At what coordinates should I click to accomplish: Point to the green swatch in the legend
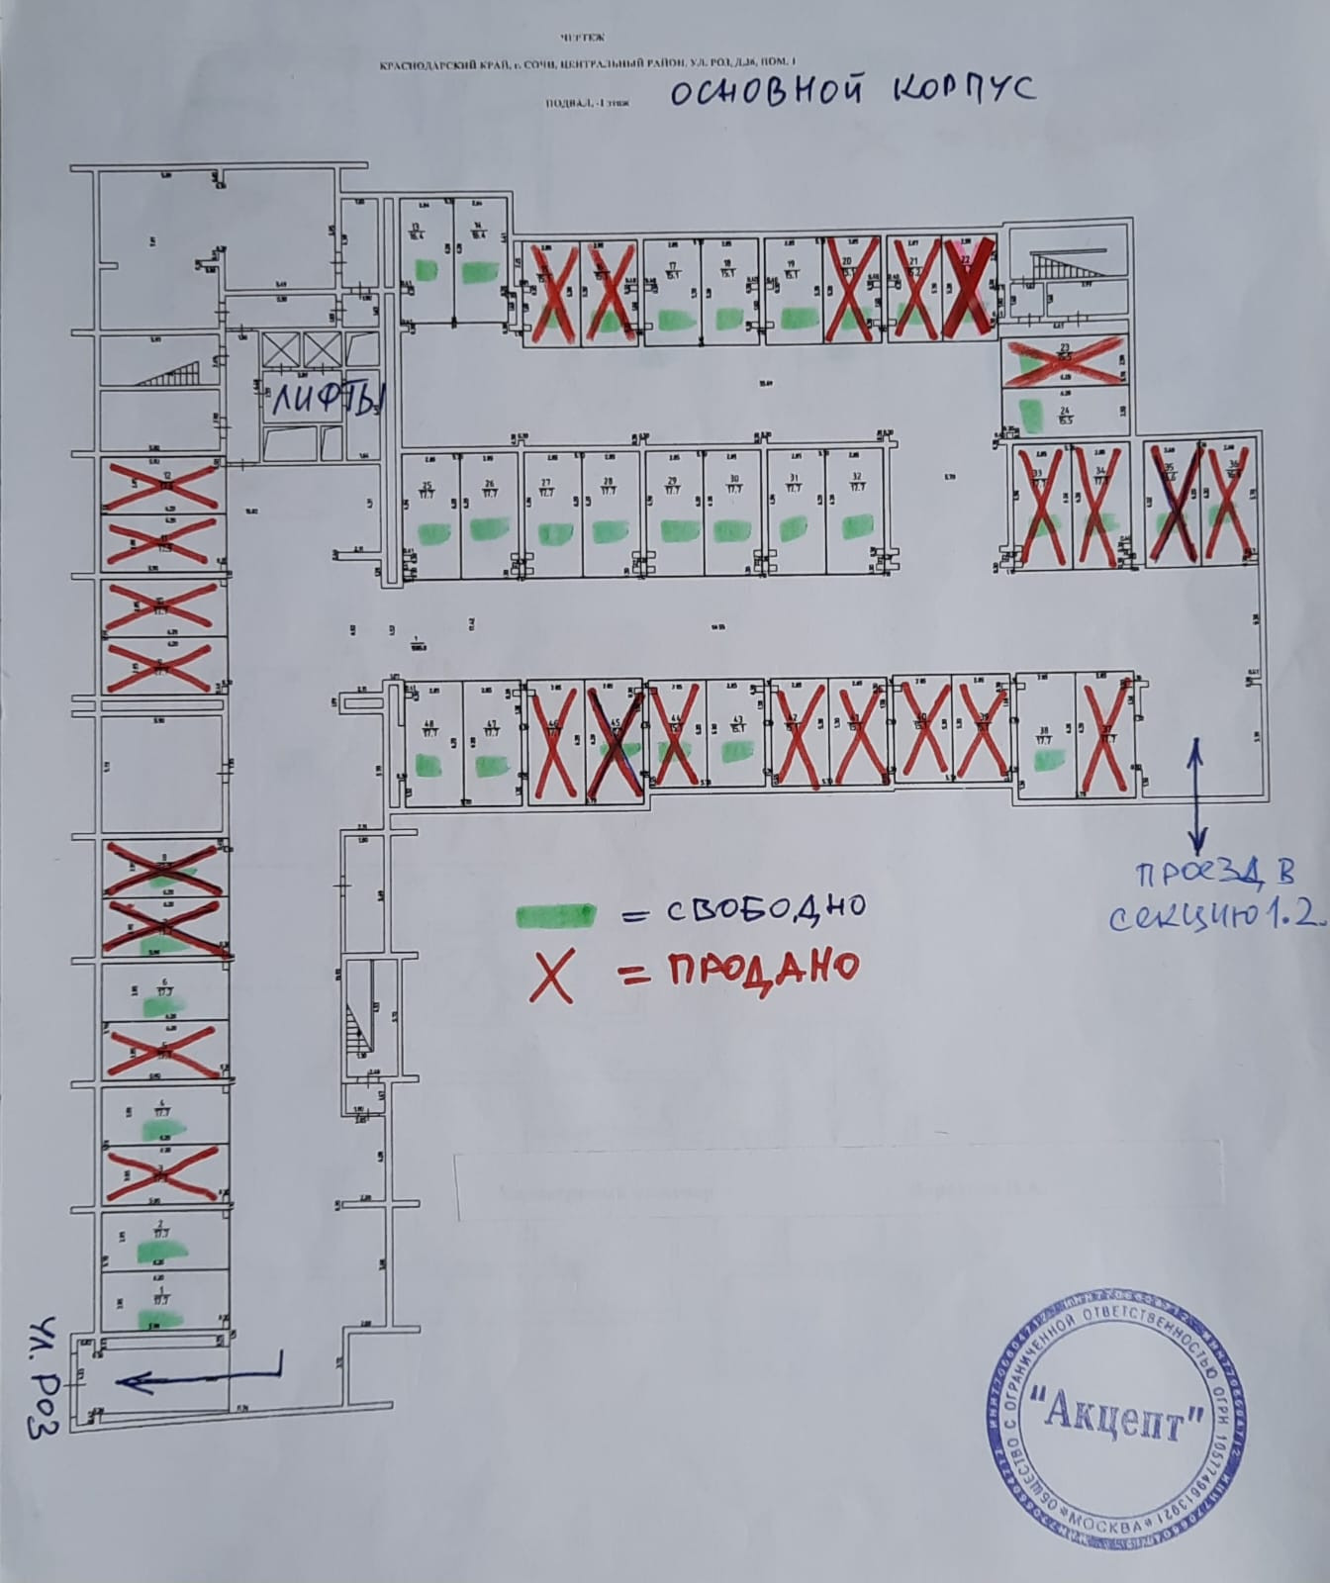554,913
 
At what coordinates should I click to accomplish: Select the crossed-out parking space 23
1065,361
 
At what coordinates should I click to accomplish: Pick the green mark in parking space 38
1048,759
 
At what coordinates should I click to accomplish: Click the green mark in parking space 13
427,268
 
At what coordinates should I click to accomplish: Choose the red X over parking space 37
1104,738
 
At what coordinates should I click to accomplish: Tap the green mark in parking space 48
429,764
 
